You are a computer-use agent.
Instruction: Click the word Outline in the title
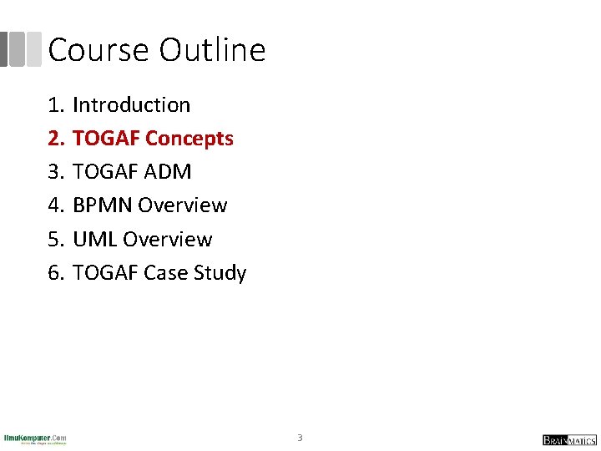[x=212, y=50]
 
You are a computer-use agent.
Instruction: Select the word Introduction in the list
[x=131, y=105]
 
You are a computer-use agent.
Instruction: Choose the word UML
[x=94, y=240]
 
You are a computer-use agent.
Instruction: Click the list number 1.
[x=55, y=105]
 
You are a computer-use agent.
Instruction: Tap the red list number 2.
[x=55, y=139]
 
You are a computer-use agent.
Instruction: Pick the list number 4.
[x=55, y=205]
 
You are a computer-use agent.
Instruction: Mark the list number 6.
[x=55, y=273]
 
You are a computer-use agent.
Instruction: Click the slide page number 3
[x=300, y=438]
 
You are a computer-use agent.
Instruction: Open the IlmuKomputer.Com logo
[x=35, y=439]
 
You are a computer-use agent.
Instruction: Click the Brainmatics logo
[x=569, y=440]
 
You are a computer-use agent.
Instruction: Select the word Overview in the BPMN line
[x=182, y=205]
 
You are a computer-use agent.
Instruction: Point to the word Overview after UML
[x=167, y=240]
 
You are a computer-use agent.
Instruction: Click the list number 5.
[x=55, y=240]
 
